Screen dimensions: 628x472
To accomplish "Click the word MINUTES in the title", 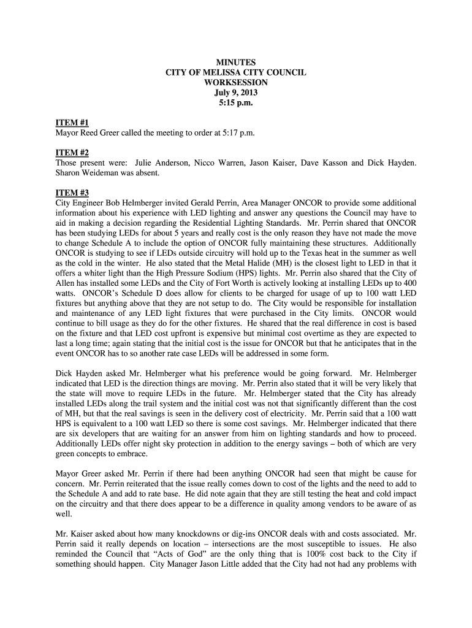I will pos(236,63).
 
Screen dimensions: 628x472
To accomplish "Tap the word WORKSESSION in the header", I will pos(236,83).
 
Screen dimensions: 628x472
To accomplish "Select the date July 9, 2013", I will pos(236,93).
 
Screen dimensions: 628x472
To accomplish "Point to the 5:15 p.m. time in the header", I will pos(236,103).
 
